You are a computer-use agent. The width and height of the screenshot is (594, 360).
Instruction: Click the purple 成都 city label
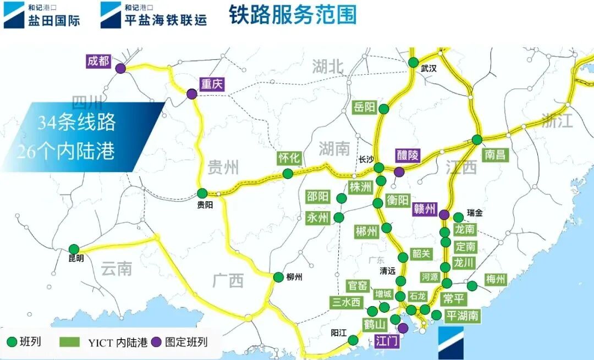click(98, 60)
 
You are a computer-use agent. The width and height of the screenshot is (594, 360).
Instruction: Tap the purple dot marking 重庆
click(191, 95)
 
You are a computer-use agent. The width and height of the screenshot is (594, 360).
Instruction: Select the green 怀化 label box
click(289, 158)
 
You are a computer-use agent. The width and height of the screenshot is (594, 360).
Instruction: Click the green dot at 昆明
click(74, 250)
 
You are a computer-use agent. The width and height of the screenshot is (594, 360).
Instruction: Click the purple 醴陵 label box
click(408, 155)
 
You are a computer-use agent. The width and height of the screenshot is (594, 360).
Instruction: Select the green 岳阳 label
click(364, 107)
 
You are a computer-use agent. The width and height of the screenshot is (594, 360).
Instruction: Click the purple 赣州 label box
click(424, 209)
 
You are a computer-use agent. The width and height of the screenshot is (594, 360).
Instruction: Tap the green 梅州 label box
click(495, 280)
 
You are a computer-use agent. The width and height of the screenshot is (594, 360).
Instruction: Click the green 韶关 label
click(421, 254)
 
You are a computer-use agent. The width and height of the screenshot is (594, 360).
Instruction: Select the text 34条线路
click(77, 123)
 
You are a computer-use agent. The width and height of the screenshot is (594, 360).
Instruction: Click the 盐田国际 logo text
click(54, 21)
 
